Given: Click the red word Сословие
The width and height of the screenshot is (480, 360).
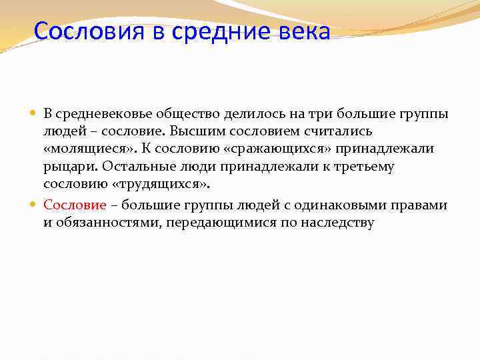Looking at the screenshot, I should pos(75,205).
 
